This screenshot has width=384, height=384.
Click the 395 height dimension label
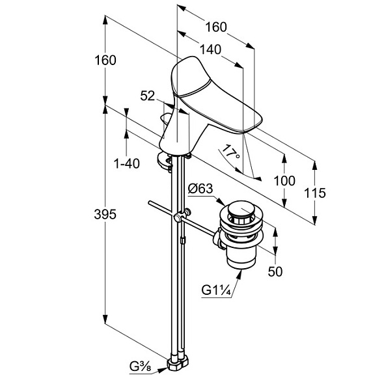click(x=105, y=215)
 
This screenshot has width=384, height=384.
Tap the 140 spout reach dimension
click(x=211, y=49)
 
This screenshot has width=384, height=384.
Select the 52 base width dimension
click(x=148, y=96)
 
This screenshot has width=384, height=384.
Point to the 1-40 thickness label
click(x=127, y=163)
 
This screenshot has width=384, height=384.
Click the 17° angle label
click(x=230, y=152)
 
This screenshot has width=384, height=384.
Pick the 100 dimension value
click(x=284, y=181)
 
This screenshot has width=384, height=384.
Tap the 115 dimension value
click(x=315, y=193)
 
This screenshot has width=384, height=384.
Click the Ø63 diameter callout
click(x=200, y=189)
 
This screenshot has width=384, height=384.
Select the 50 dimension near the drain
click(x=275, y=271)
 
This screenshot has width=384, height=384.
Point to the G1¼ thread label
click(x=216, y=291)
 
